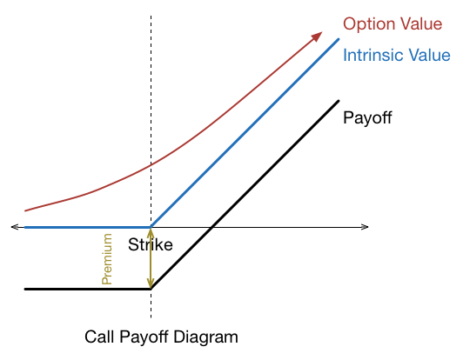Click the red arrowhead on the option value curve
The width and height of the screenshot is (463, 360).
(317, 37)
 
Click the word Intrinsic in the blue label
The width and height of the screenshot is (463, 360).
(370, 55)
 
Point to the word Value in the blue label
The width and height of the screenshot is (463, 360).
(426, 55)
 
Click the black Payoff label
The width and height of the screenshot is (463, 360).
(367, 118)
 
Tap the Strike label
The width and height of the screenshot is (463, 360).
(151, 244)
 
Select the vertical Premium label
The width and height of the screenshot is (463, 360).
(106, 259)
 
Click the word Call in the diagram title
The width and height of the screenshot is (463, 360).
(99, 337)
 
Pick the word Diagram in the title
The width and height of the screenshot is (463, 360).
(205, 337)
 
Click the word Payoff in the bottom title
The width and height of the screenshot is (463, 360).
(144, 337)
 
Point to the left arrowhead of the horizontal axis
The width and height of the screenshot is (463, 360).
(15, 227)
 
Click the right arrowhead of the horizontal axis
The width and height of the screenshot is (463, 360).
(365, 227)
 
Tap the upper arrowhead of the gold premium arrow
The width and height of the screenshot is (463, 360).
(151, 232)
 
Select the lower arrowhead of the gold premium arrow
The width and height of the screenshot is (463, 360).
(151, 283)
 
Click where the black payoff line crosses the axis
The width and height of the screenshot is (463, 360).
(212, 227)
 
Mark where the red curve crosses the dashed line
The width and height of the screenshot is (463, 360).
(151, 163)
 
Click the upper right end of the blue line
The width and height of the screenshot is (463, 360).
(339, 39)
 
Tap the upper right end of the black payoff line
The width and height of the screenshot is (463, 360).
(339, 101)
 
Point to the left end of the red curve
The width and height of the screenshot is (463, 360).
(25, 210)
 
